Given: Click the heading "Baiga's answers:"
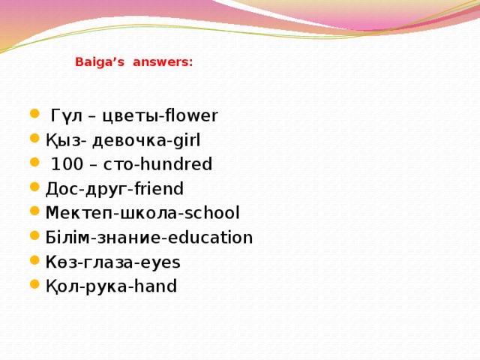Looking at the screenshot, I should point(133,64).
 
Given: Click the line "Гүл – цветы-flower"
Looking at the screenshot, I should point(133,116).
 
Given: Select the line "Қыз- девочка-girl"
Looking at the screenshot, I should point(123,140).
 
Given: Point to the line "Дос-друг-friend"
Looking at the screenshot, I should point(114,188).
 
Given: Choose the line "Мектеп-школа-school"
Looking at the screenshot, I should point(142,213).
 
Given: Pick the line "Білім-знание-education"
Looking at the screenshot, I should point(149,238).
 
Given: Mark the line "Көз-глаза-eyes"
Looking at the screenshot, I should point(112,262).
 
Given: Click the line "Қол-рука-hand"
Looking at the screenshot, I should point(111,286).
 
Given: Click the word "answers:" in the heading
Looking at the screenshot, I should point(163,64).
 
